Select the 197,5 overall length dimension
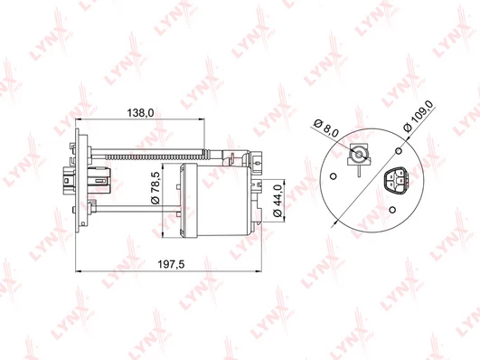tap(172, 264)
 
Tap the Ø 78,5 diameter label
tap(155, 188)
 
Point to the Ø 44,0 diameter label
tap(278, 201)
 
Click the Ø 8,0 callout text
tap(326, 128)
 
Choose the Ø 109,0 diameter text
tap(419, 116)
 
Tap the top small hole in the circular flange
tap(399, 151)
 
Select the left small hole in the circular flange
tap(334, 176)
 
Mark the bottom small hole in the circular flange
tap(392, 210)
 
